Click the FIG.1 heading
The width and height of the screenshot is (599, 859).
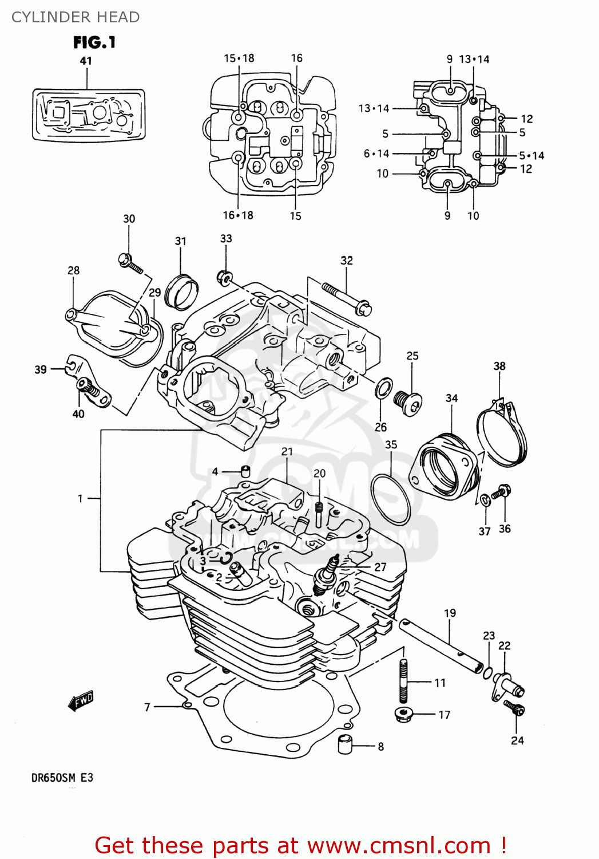(x=94, y=42)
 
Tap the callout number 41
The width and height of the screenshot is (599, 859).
(x=85, y=61)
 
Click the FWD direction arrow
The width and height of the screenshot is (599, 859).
(x=80, y=700)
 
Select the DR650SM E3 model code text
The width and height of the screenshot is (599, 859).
(x=62, y=778)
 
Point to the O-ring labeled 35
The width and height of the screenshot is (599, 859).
(x=390, y=499)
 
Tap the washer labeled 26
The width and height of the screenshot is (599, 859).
(x=383, y=388)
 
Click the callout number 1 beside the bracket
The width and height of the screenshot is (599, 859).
(x=80, y=498)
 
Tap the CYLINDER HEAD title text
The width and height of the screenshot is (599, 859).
(x=76, y=17)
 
